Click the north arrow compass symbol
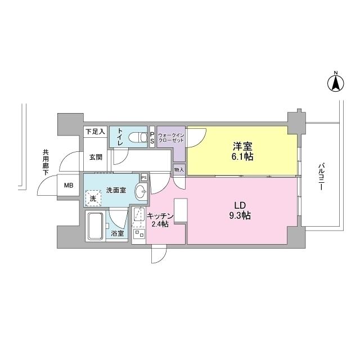tap(336, 83)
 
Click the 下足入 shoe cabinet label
tap(95, 132)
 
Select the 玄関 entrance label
tap(95, 157)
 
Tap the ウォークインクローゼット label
tap(170, 138)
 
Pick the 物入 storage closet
tap(178, 169)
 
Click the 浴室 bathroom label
tap(118, 233)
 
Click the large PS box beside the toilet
tap(152, 138)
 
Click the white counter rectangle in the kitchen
tap(180, 209)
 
